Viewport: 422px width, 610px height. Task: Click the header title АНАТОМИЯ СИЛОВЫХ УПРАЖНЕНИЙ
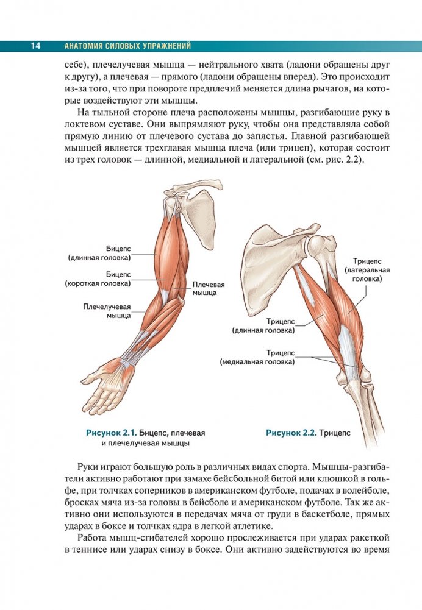tap(127, 46)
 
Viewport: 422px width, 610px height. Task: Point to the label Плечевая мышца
tap(209, 288)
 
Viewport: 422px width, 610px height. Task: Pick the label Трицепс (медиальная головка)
tap(257, 357)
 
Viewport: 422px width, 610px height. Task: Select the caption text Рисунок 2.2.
tap(290, 433)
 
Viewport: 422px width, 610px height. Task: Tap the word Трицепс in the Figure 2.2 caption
tap(334, 433)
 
